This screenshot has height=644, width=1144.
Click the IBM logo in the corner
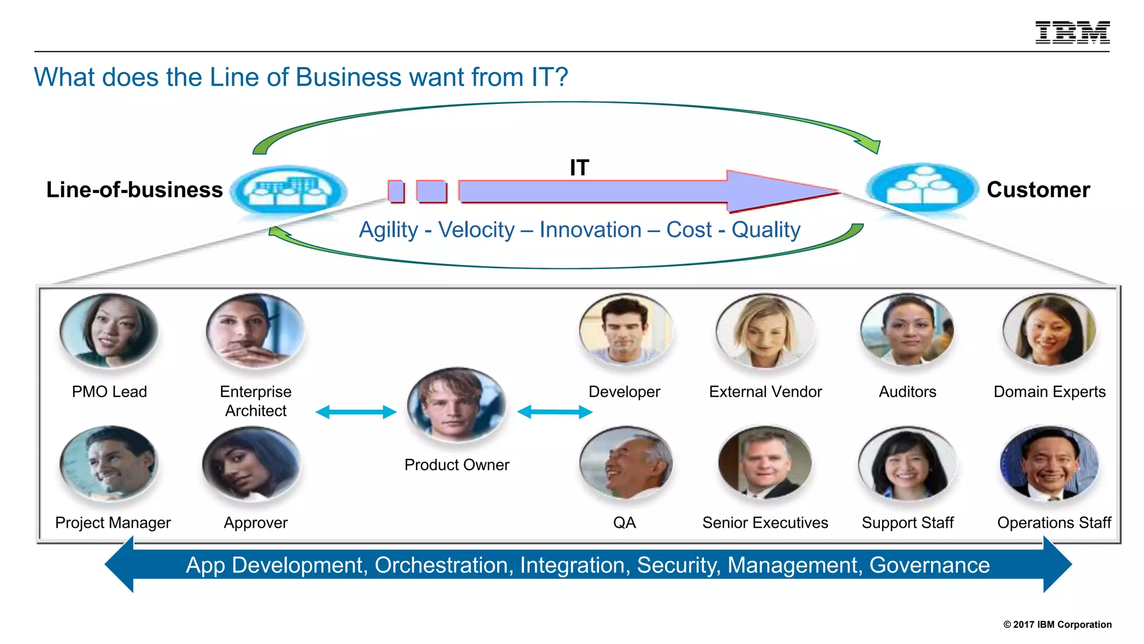(1072, 32)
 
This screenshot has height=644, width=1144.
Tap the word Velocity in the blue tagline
(476, 230)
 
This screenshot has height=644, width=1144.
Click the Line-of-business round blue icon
(288, 191)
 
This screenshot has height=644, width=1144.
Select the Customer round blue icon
(922, 189)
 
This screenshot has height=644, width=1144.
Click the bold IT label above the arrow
(579, 168)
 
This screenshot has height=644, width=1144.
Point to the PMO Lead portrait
(109, 331)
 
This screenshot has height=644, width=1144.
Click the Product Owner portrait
(456, 405)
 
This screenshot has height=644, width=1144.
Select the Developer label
(624, 392)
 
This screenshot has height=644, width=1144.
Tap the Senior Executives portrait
(765, 463)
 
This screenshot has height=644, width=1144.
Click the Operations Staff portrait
(1050, 463)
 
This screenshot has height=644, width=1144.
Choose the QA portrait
(626, 463)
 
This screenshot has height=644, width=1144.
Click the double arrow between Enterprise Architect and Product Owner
(356, 413)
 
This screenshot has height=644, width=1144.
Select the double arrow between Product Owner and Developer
(555, 413)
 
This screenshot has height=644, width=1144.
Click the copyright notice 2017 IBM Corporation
(1057, 624)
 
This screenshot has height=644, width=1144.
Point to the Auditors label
(907, 392)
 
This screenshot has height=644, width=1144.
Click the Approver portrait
(251, 463)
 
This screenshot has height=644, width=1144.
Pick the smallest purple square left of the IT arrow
(396, 191)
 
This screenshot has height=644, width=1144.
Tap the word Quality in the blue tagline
(766, 230)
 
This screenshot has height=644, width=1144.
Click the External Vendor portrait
(765, 331)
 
